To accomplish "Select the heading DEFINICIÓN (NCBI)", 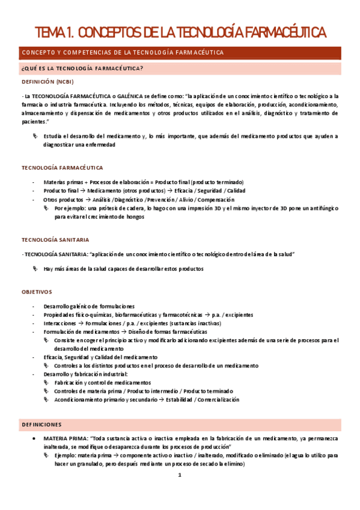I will [48, 82].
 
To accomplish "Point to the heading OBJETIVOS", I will [37, 292].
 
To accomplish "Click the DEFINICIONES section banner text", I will [48, 423].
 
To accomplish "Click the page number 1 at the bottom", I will [179, 475].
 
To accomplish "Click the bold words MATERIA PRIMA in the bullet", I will [64, 438].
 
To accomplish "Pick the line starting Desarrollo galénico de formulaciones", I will [89, 307].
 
